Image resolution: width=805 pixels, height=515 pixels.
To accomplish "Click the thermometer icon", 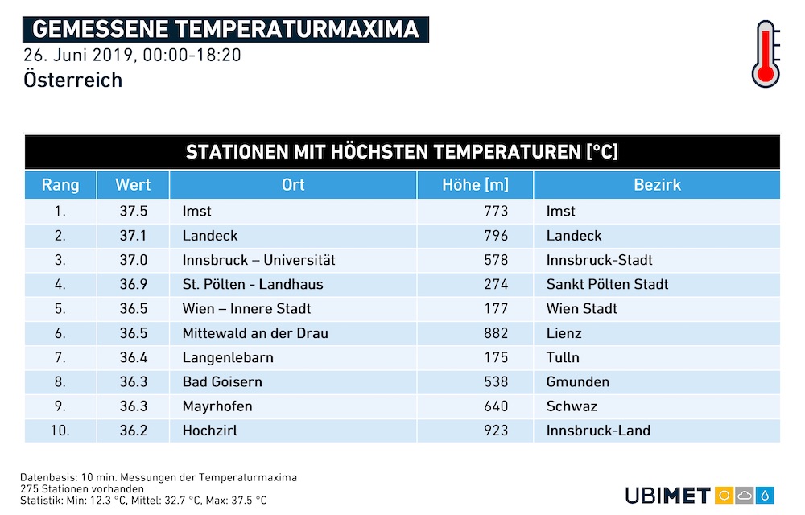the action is (766, 54).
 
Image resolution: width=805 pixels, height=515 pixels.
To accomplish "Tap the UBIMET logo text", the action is (668, 496).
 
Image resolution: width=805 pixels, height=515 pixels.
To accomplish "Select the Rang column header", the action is (60, 184).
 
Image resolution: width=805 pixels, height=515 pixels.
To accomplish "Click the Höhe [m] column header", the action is (476, 184).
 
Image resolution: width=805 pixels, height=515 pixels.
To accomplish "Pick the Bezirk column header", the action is (657, 184).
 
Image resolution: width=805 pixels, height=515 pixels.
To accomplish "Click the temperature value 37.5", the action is (134, 211).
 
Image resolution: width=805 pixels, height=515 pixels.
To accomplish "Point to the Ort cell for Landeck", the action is (210, 236).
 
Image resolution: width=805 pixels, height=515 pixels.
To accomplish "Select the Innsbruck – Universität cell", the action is (258, 260).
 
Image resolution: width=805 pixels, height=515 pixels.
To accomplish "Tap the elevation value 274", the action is (496, 284).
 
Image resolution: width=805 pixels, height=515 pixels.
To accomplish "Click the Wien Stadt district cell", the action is (582, 309).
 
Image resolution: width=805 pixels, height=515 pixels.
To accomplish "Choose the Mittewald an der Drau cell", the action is (255, 333).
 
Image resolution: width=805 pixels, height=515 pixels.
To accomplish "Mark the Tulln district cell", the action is (563, 357).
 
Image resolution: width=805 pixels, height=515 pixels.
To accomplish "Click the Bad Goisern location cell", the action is (222, 381).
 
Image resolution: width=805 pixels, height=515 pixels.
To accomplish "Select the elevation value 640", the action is (496, 406).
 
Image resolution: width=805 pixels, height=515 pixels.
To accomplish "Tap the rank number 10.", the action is (60, 431).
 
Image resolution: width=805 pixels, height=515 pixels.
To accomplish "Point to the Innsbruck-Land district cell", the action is (598, 431).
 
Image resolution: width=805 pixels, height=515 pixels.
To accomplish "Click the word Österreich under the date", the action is (73, 80).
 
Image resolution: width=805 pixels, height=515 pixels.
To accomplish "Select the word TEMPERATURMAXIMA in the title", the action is (297, 29).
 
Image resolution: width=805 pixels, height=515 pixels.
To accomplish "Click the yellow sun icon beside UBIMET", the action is (724, 496).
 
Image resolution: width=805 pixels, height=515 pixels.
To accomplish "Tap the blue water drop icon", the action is (765, 496).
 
